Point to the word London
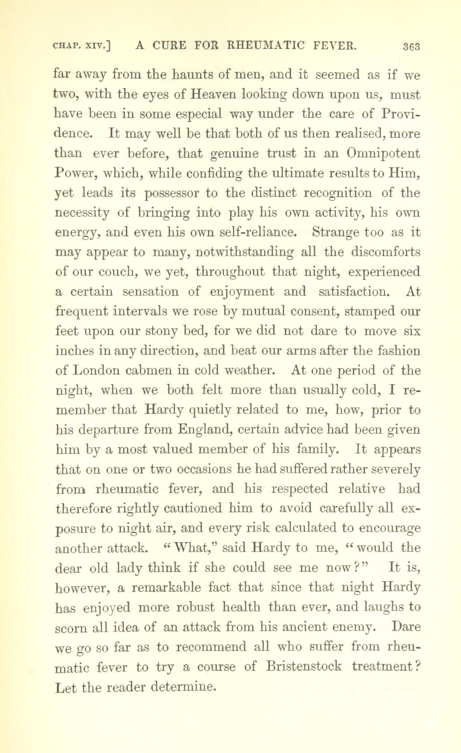(98, 371)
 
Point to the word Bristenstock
(304, 666)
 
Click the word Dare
(406, 627)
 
